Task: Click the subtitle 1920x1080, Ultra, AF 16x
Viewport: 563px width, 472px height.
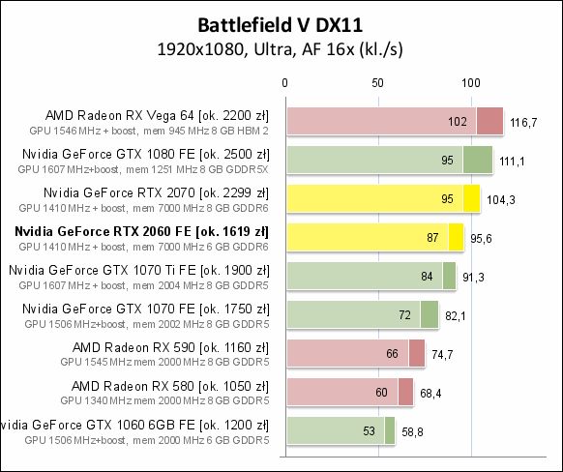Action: click(x=281, y=47)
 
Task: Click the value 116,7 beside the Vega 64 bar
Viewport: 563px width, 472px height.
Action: click(x=524, y=122)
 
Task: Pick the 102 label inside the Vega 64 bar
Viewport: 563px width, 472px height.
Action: click(x=459, y=122)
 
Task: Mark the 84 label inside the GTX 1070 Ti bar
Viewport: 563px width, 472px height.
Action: click(x=426, y=277)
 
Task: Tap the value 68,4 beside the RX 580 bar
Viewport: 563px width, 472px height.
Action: click(x=431, y=393)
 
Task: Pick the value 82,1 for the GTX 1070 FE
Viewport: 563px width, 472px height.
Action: click(x=458, y=315)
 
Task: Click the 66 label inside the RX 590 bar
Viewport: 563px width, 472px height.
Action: click(x=392, y=354)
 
